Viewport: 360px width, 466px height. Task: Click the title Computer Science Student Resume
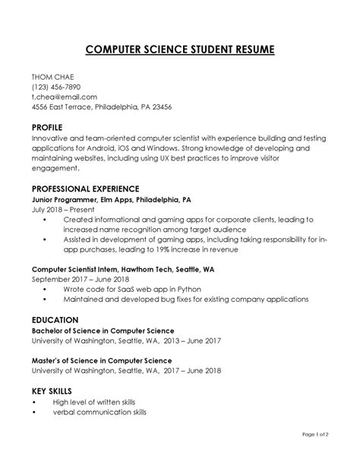pos(180,51)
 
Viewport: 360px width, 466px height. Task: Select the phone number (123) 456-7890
pos(55,87)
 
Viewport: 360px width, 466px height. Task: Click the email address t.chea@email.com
pos(64,97)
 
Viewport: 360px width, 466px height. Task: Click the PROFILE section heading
pos(46,127)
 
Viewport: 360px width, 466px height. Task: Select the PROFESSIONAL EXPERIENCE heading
pos(85,188)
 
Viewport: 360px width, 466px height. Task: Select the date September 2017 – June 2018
pos(81,279)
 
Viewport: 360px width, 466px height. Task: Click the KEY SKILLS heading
pos(53,390)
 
